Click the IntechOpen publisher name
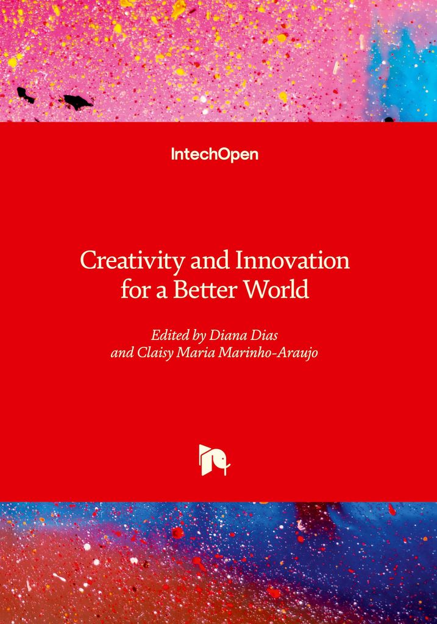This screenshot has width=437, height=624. (215, 154)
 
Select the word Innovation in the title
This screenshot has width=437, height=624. (293, 261)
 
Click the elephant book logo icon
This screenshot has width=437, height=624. (215, 459)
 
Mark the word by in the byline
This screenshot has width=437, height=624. (199, 336)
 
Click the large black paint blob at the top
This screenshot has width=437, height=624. (77, 102)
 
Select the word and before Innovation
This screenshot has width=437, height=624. (210, 261)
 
